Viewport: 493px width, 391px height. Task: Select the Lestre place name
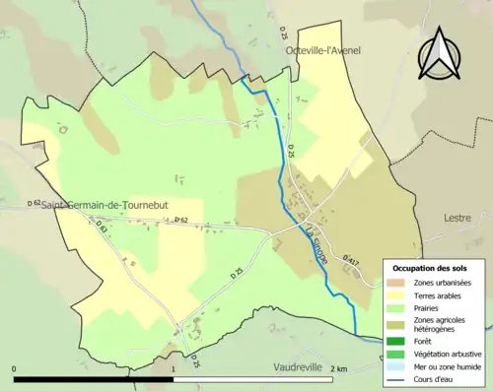pyautogui.click(x=458, y=218)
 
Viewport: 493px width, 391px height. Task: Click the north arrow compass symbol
pyautogui.click(x=441, y=52)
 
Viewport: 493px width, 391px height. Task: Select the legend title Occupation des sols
pyautogui.click(x=430, y=268)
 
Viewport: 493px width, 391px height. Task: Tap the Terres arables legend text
pyautogui.click(x=438, y=294)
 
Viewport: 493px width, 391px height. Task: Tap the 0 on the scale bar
pyautogui.click(x=15, y=369)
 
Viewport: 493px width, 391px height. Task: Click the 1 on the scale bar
pyautogui.click(x=175, y=369)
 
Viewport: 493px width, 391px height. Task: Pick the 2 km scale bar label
pyautogui.click(x=340, y=369)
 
